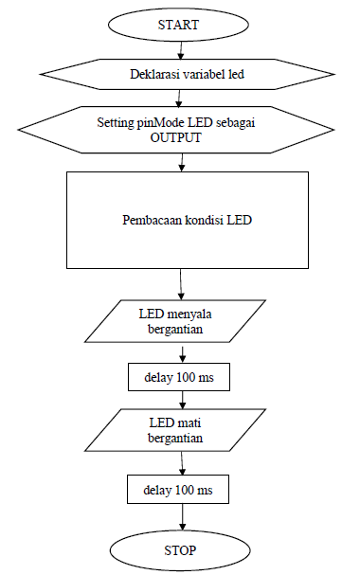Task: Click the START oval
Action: [178, 26]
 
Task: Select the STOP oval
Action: [180, 549]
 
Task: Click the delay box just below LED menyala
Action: [179, 377]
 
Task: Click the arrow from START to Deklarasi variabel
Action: [179, 47]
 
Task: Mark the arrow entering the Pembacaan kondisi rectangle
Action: [179, 164]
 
